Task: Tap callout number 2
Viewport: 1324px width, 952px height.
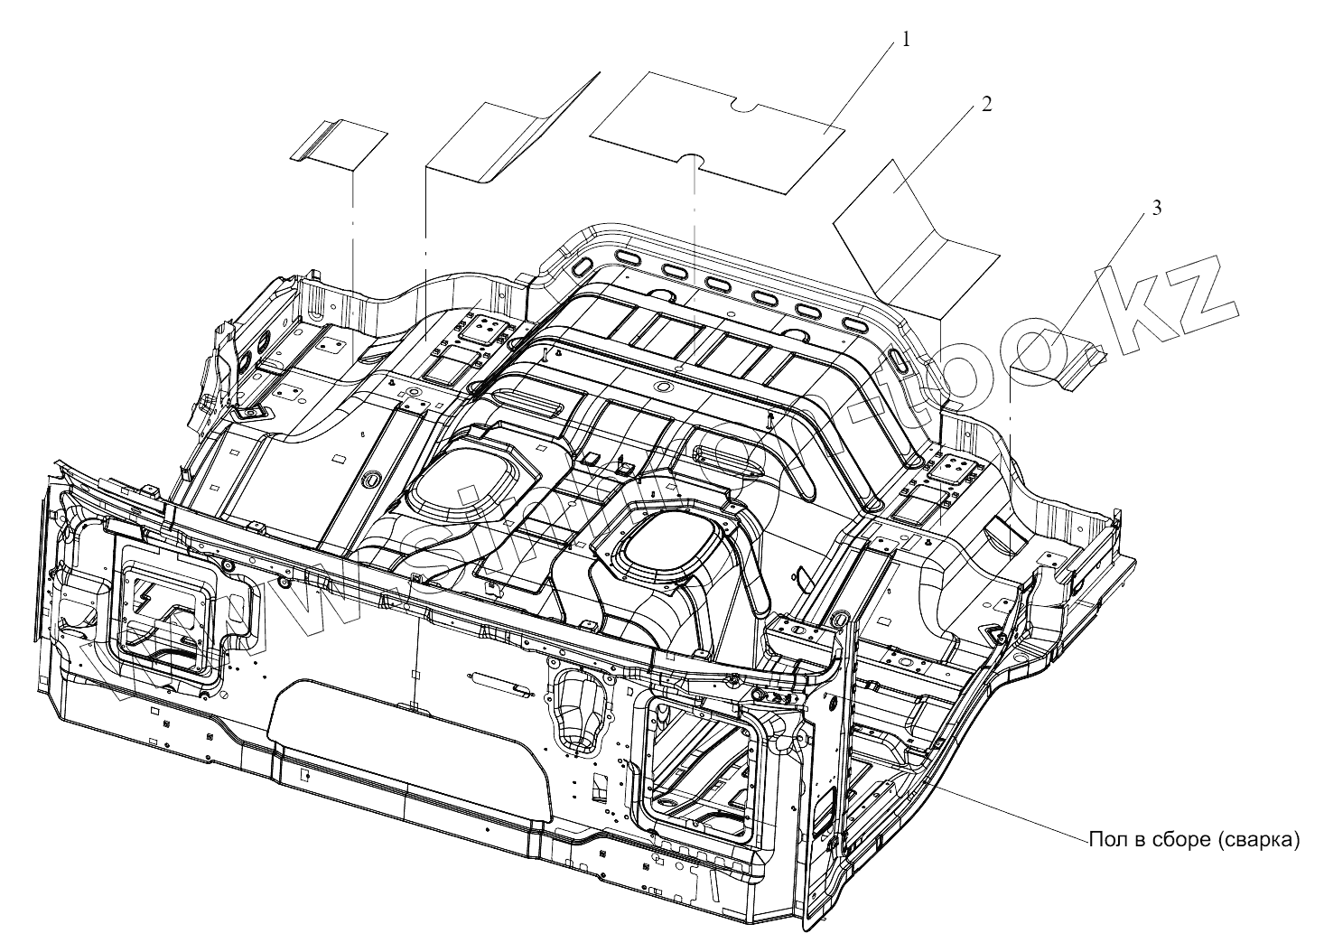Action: [986, 104]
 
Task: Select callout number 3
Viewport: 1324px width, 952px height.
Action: [1156, 208]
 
